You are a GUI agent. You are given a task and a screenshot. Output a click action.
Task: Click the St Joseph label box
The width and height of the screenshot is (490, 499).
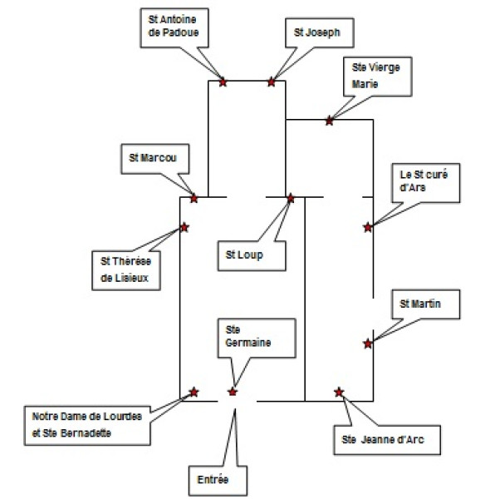pyautogui.click(x=320, y=32)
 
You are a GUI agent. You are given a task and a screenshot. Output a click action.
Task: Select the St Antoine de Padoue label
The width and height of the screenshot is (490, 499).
pyautogui.click(x=174, y=27)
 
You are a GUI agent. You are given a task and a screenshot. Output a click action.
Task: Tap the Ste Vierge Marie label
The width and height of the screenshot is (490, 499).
pyautogui.click(x=378, y=77)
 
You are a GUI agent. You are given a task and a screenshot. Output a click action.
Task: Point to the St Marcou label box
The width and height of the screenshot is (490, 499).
pyautogui.click(x=155, y=159)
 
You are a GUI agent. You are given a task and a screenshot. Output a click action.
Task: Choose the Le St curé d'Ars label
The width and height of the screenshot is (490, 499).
pyautogui.click(x=426, y=183)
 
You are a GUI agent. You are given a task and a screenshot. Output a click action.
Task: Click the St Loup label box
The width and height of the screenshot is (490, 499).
pyautogui.click(x=252, y=256)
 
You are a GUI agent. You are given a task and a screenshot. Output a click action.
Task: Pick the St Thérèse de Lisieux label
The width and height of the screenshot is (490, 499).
pyautogui.click(x=126, y=270)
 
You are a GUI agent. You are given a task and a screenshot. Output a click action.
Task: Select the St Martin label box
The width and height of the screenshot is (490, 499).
pyautogui.click(x=426, y=304)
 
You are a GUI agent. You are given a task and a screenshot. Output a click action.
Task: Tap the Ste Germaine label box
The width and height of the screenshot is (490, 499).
pyautogui.click(x=257, y=338)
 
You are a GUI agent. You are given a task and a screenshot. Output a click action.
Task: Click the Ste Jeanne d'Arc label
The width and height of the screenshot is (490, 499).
pyautogui.click(x=387, y=440)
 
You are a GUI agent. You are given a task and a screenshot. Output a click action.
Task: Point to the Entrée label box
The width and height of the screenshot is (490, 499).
pyautogui.click(x=218, y=481)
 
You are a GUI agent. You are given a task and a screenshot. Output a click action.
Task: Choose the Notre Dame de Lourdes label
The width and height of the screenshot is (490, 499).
pyautogui.click(x=87, y=426)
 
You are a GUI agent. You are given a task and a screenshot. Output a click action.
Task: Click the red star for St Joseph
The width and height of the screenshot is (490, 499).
pyautogui.click(x=271, y=82)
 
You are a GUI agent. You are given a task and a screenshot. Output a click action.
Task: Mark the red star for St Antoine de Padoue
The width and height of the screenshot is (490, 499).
pyautogui.click(x=223, y=82)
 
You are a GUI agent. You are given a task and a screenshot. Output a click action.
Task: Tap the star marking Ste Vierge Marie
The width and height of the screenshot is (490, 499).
pyautogui.click(x=330, y=121)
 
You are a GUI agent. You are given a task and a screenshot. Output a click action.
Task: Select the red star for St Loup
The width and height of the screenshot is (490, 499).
pyautogui.click(x=291, y=198)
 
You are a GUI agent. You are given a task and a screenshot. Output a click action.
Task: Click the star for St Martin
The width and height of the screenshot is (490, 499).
pyautogui.click(x=368, y=343)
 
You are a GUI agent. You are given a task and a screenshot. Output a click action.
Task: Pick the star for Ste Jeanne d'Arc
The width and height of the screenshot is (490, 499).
pyautogui.click(x=339, y=392)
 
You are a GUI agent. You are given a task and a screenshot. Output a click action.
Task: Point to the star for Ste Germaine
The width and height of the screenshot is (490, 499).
pyautogui.click(x=233, y=392)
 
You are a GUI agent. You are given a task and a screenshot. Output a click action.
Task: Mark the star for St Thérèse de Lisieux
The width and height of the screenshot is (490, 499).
pyautogui.click(x=184, y=227)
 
